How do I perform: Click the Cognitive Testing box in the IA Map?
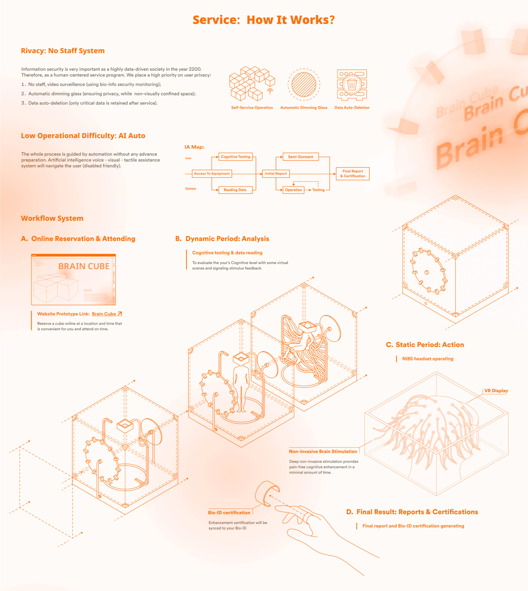pos(235,157)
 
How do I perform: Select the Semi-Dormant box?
pos(300,157)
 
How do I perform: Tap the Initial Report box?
pos(276,174)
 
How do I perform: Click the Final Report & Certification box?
pos(352,174)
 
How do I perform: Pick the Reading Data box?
pos(235,190)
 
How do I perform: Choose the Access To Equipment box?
pos(212,174)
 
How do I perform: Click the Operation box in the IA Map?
pos(293,190)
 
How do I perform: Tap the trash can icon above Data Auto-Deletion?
pos(352,85)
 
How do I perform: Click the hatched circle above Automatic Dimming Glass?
pos(304,85)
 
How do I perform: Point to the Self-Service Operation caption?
pos(252,108)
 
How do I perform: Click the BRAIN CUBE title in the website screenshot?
pos(84,266)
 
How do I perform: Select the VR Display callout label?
pos(496,391)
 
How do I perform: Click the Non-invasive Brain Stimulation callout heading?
pos(323,451)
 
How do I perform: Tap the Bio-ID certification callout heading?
pos(229,513)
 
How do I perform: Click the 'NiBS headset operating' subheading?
pos(428,359)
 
